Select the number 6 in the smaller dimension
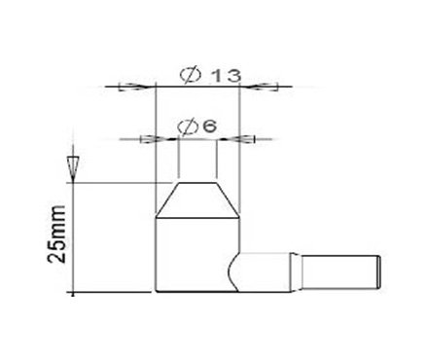click(x=209, y=126)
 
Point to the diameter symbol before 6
click(x=189, y=126)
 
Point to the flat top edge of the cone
click(x=198, y=183)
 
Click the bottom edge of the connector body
click(x=195, y=292)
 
